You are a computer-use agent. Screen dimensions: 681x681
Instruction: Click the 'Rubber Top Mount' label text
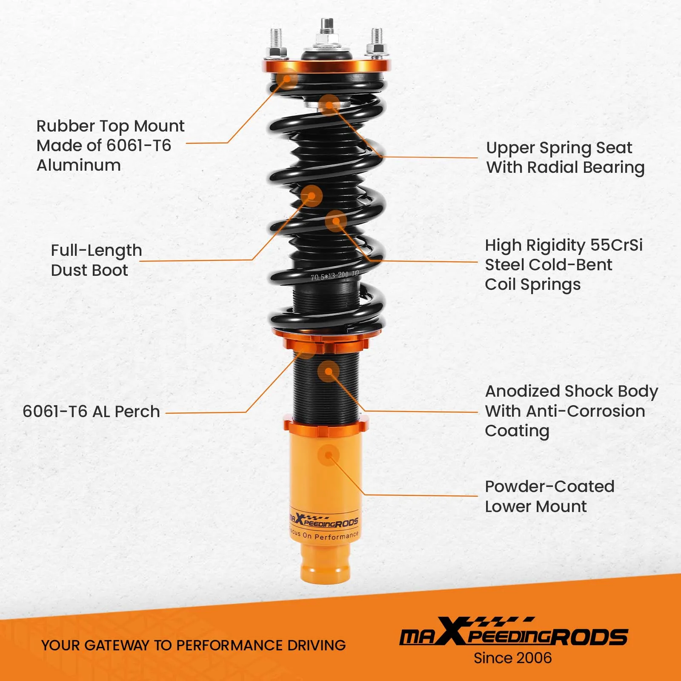110,126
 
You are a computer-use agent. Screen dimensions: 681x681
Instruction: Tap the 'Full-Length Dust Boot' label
96,260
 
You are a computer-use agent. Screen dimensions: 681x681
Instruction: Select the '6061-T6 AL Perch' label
91,412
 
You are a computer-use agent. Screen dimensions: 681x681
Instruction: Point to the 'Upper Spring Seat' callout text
558,148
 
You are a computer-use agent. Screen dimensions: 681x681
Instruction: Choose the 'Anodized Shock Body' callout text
571,391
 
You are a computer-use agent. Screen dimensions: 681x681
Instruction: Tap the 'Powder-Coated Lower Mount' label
549,496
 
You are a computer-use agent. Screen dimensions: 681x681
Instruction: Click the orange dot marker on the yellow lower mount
328,455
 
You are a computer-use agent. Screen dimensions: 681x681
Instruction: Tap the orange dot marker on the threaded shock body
328,372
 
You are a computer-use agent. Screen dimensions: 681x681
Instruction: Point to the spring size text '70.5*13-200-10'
335,276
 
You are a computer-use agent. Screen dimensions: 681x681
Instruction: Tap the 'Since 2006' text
512,658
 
